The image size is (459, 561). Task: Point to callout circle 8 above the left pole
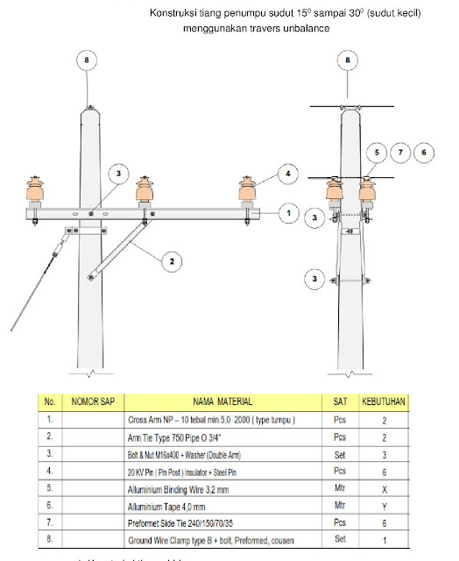[87, 61]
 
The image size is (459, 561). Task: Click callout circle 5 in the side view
[375, 152]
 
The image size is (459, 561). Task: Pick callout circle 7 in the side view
[399, 152]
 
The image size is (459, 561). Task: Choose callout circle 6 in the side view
[424, 152]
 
